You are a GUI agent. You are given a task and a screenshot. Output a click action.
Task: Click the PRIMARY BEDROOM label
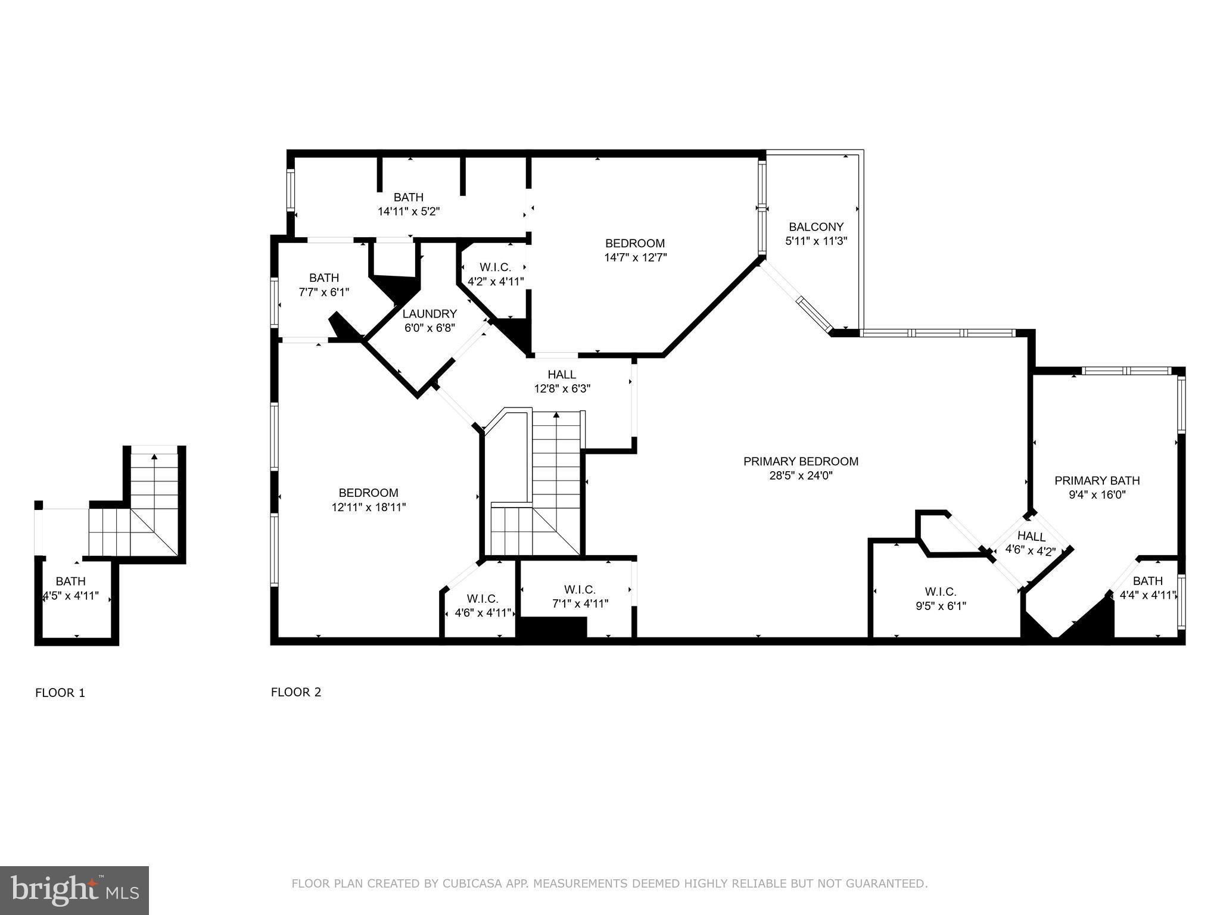(801, 461)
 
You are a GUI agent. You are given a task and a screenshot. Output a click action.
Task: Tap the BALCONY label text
(816, 227)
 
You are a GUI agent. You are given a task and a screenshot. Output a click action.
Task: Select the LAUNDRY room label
(430, 314)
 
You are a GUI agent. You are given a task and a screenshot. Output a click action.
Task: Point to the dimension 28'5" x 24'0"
(801, 476)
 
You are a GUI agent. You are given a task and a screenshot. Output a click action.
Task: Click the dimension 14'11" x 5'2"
(409, 211)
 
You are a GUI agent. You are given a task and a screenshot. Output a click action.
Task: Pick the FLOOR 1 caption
(60, 693)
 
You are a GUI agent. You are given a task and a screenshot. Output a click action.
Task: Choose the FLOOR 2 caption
(296, 692)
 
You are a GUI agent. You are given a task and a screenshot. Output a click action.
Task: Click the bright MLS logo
(74, 891)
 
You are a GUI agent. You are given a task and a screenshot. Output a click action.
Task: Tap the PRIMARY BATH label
(1097, 480)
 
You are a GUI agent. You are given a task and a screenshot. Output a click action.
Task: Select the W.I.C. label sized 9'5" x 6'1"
(941, 592)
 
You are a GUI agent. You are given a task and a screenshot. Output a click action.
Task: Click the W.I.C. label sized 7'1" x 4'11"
(580, 590)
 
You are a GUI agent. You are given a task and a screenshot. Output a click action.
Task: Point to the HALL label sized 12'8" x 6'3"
(562, 374)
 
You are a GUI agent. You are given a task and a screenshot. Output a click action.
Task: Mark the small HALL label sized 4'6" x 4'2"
(1031, 536)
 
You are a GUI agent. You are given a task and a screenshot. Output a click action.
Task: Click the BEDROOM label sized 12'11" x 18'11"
(368, 493)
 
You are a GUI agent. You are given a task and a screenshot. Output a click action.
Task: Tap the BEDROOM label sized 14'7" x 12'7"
(634, 243)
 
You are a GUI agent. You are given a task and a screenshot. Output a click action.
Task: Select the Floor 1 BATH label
(70, 581)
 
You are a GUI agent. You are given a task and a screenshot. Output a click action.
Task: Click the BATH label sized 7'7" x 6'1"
(323, 278)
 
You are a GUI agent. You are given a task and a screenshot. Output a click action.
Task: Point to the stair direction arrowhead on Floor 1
(154, 457)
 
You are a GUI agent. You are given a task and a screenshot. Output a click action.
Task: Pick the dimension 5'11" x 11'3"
(816, 241)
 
